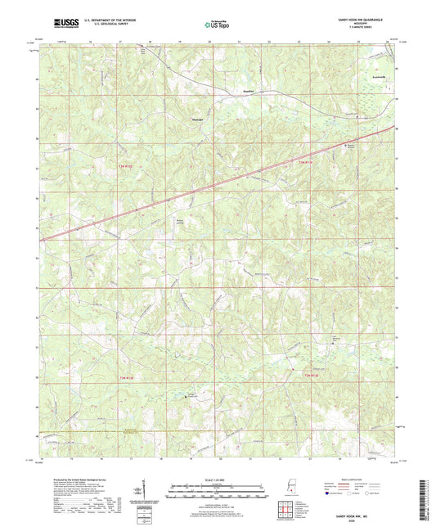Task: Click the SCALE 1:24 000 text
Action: click(218, 479)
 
